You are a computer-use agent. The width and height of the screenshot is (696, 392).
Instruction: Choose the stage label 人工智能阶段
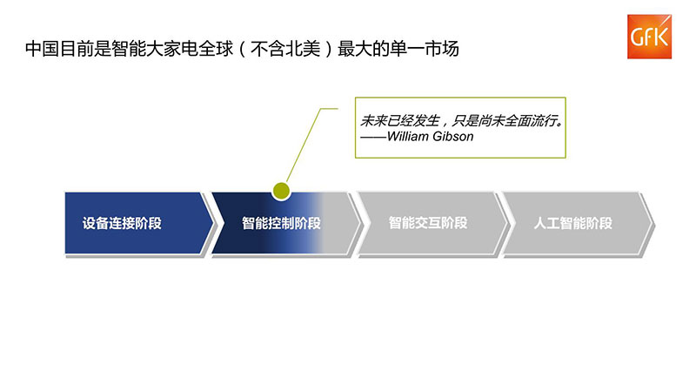(x=573, y=223)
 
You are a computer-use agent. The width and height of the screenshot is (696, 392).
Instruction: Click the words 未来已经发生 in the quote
(x=398, y=121)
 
